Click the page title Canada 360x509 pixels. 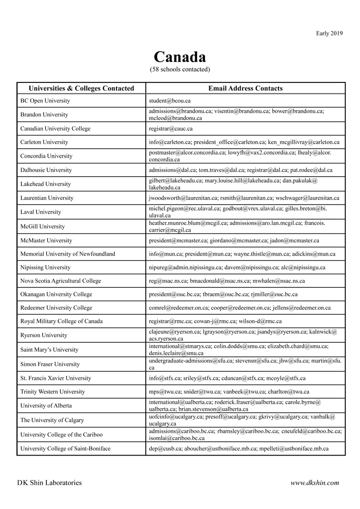pos(180,57)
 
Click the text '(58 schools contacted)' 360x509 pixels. pos(180,70)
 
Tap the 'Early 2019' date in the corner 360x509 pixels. pos(329,33)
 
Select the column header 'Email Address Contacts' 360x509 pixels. pos(245,89)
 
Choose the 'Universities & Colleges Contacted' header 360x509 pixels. pos(81,89)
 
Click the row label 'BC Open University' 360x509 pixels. pos(45,101)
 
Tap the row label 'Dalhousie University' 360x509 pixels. pos(46,170)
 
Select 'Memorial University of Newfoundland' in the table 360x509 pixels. pos(68,254)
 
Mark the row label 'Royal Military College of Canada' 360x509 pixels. pos(62,321)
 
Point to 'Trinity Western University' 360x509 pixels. pos(53,392)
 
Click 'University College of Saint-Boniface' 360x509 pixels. pos(65,448)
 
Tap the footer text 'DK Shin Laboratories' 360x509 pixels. pos(49,483)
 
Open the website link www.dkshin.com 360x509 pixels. pos(315,483)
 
